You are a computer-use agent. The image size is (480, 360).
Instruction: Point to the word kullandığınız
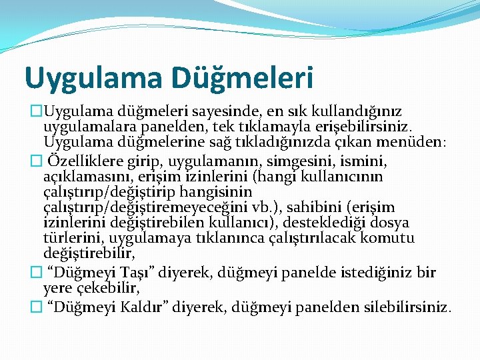click(x=359, y=110)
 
